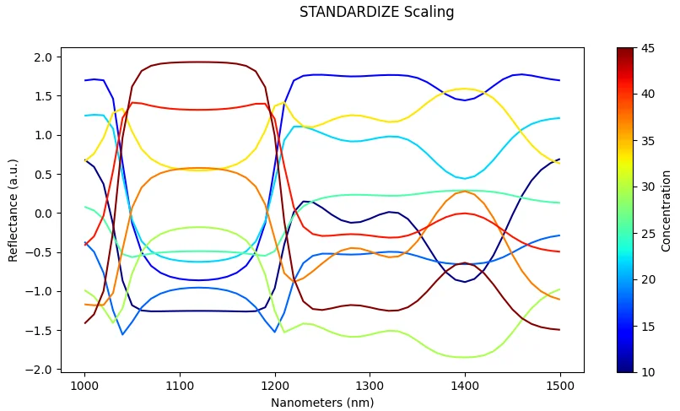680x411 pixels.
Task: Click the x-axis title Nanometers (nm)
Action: click(322, 403)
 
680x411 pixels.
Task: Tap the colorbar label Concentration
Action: click(667, 210)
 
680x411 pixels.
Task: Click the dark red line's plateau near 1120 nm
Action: click(198, 62)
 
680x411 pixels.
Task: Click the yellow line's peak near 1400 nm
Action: click(464, 89)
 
